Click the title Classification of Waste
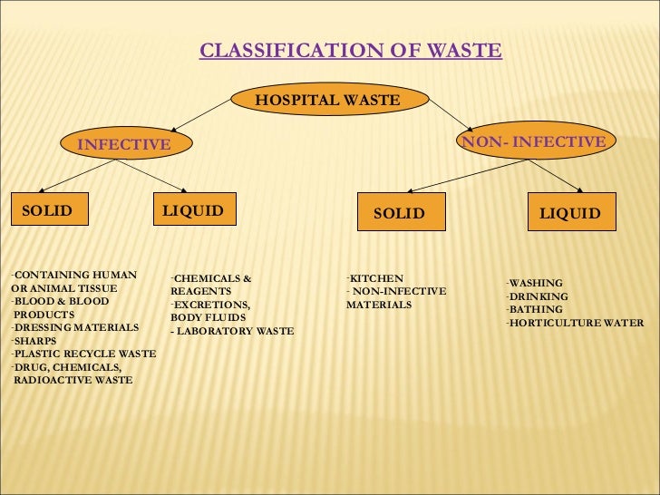click(x=350, y=50)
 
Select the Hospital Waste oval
click(x=327, y=100)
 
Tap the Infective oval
click(x=123, y=144)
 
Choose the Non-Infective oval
click(x=534, y=142)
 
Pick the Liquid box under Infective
click(x=193, y=212)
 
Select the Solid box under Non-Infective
click(x=399, y=213)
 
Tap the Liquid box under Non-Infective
click(x=569, y=213)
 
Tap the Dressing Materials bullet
click(x=76, y=327)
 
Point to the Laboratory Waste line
click(x=233, y=332)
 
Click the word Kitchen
click(x=376, y=278)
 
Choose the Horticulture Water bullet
click(x=577, y=323)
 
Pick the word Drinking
click(x=539, y=296)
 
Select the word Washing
click(x=536, y=283)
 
